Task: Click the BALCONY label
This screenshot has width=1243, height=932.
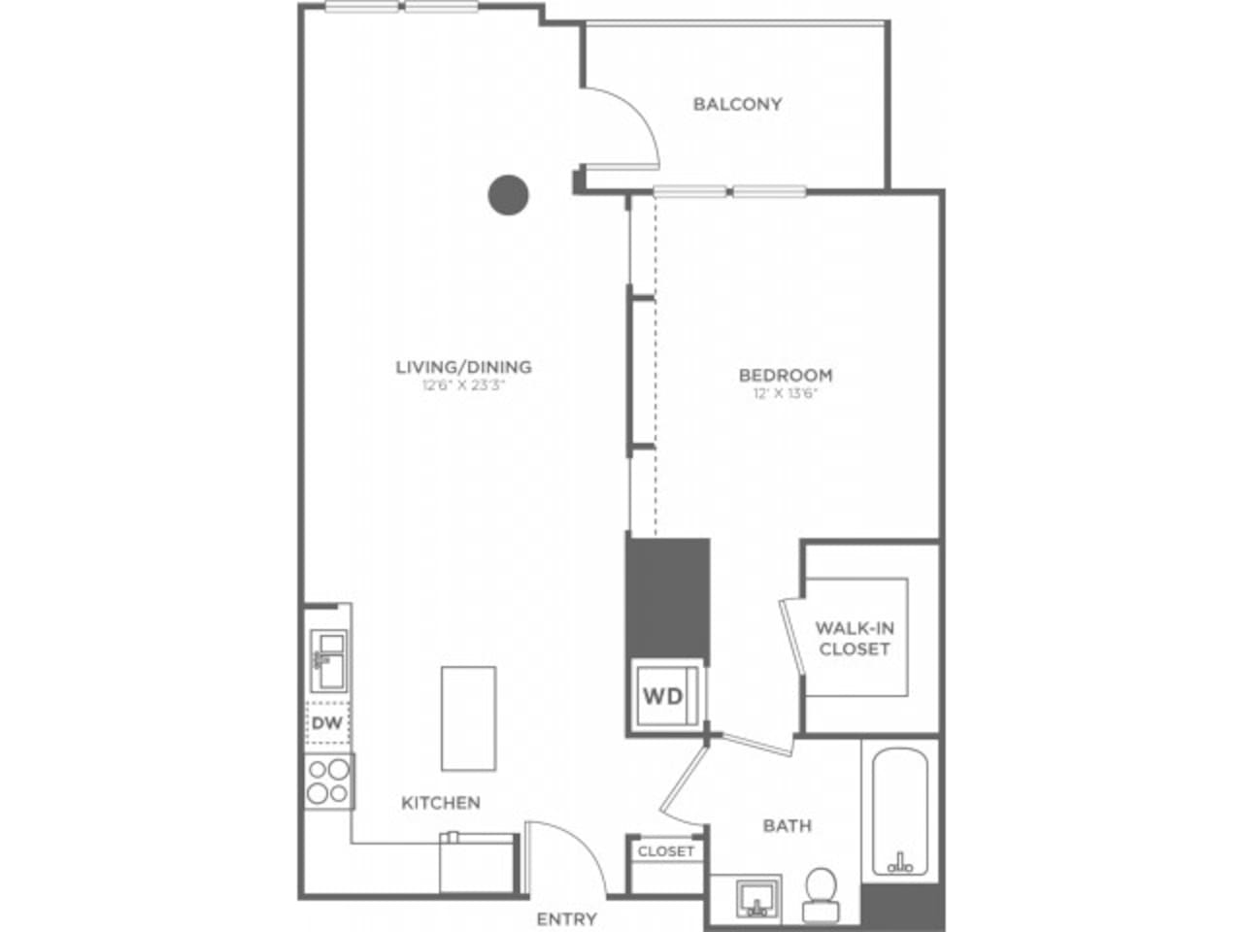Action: click(x=737, y=104)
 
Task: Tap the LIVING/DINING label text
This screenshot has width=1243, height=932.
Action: click(x=463, y=367)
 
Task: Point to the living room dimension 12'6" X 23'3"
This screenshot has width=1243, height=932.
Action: click(x=463, y=384)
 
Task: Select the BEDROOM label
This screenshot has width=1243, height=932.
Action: click(x=786, y=375)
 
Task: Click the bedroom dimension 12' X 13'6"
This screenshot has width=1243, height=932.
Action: click(x=786, y=393)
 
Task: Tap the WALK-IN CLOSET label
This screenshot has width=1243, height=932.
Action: click(x=854, y=639)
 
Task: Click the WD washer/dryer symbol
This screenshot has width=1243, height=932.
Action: click(x=663, y=695)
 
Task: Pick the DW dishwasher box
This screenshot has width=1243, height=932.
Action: click(x=327, y=722)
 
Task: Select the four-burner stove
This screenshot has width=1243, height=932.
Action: click(x=328, y=781)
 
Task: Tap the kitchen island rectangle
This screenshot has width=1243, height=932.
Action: click(x=468, y=717)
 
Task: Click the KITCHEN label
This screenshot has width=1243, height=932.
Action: click(x=441, y=803)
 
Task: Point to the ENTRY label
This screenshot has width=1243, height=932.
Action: click(x=567, y=918)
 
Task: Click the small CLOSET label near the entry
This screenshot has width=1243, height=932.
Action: click(x=666, y=851)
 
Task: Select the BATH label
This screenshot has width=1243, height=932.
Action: click(x=787, y=825)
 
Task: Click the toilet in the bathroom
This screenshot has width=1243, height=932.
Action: click(x=822, y=892)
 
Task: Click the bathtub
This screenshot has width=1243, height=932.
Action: click(x=900, y=811)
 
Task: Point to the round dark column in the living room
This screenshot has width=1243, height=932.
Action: click(x=508, y=194)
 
